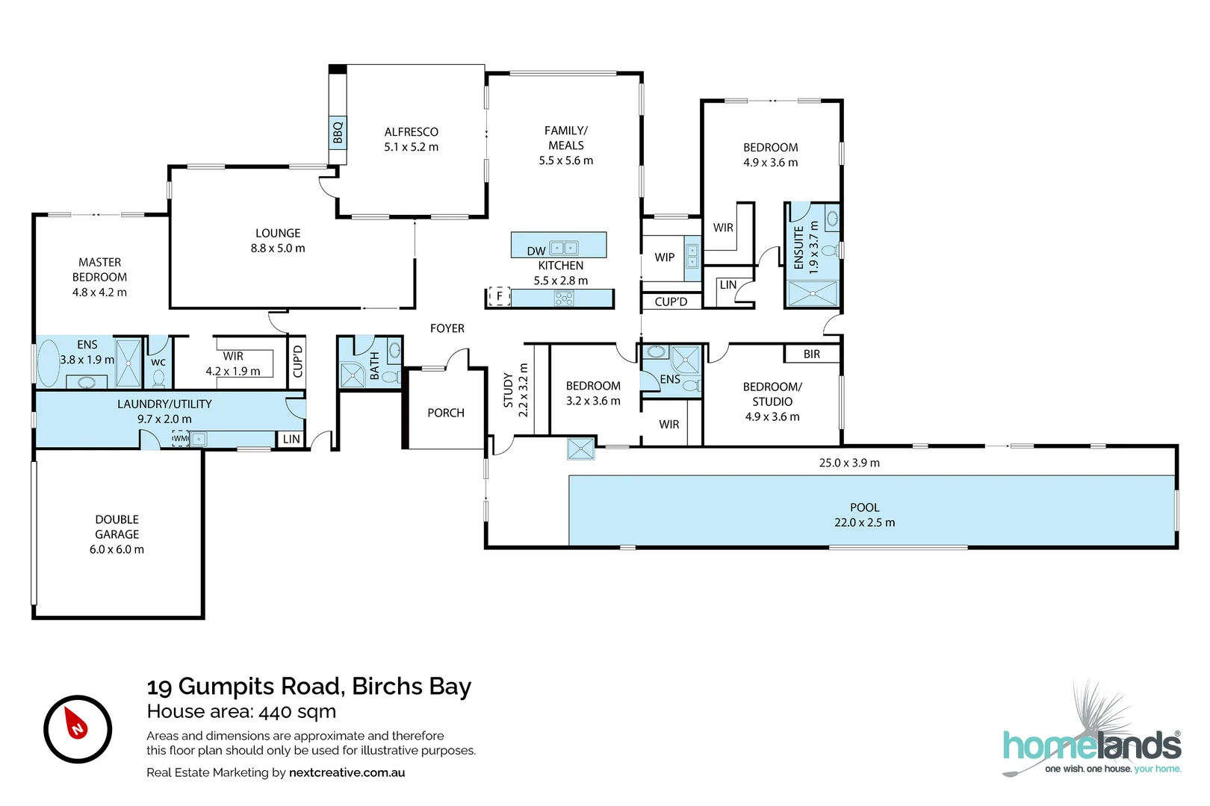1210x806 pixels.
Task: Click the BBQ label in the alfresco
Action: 338,133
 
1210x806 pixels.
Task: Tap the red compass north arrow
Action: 76,723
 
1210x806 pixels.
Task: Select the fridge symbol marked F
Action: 500,296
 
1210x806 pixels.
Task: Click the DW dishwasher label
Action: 536,251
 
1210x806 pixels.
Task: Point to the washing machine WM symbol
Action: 181,438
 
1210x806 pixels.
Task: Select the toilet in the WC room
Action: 159,378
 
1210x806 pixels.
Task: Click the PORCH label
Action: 446,413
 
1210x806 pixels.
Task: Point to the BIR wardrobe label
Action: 812,354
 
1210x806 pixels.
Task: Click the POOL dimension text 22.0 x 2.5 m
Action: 865,522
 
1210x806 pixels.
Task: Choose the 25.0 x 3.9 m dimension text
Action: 849,463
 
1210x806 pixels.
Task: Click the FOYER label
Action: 447,328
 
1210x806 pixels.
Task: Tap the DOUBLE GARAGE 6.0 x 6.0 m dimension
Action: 117,549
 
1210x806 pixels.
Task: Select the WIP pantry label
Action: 665,257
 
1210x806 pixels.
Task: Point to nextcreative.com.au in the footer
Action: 347,772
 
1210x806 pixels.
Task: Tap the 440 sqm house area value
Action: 297,711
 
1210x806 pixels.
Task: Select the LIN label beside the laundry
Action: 291,440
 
